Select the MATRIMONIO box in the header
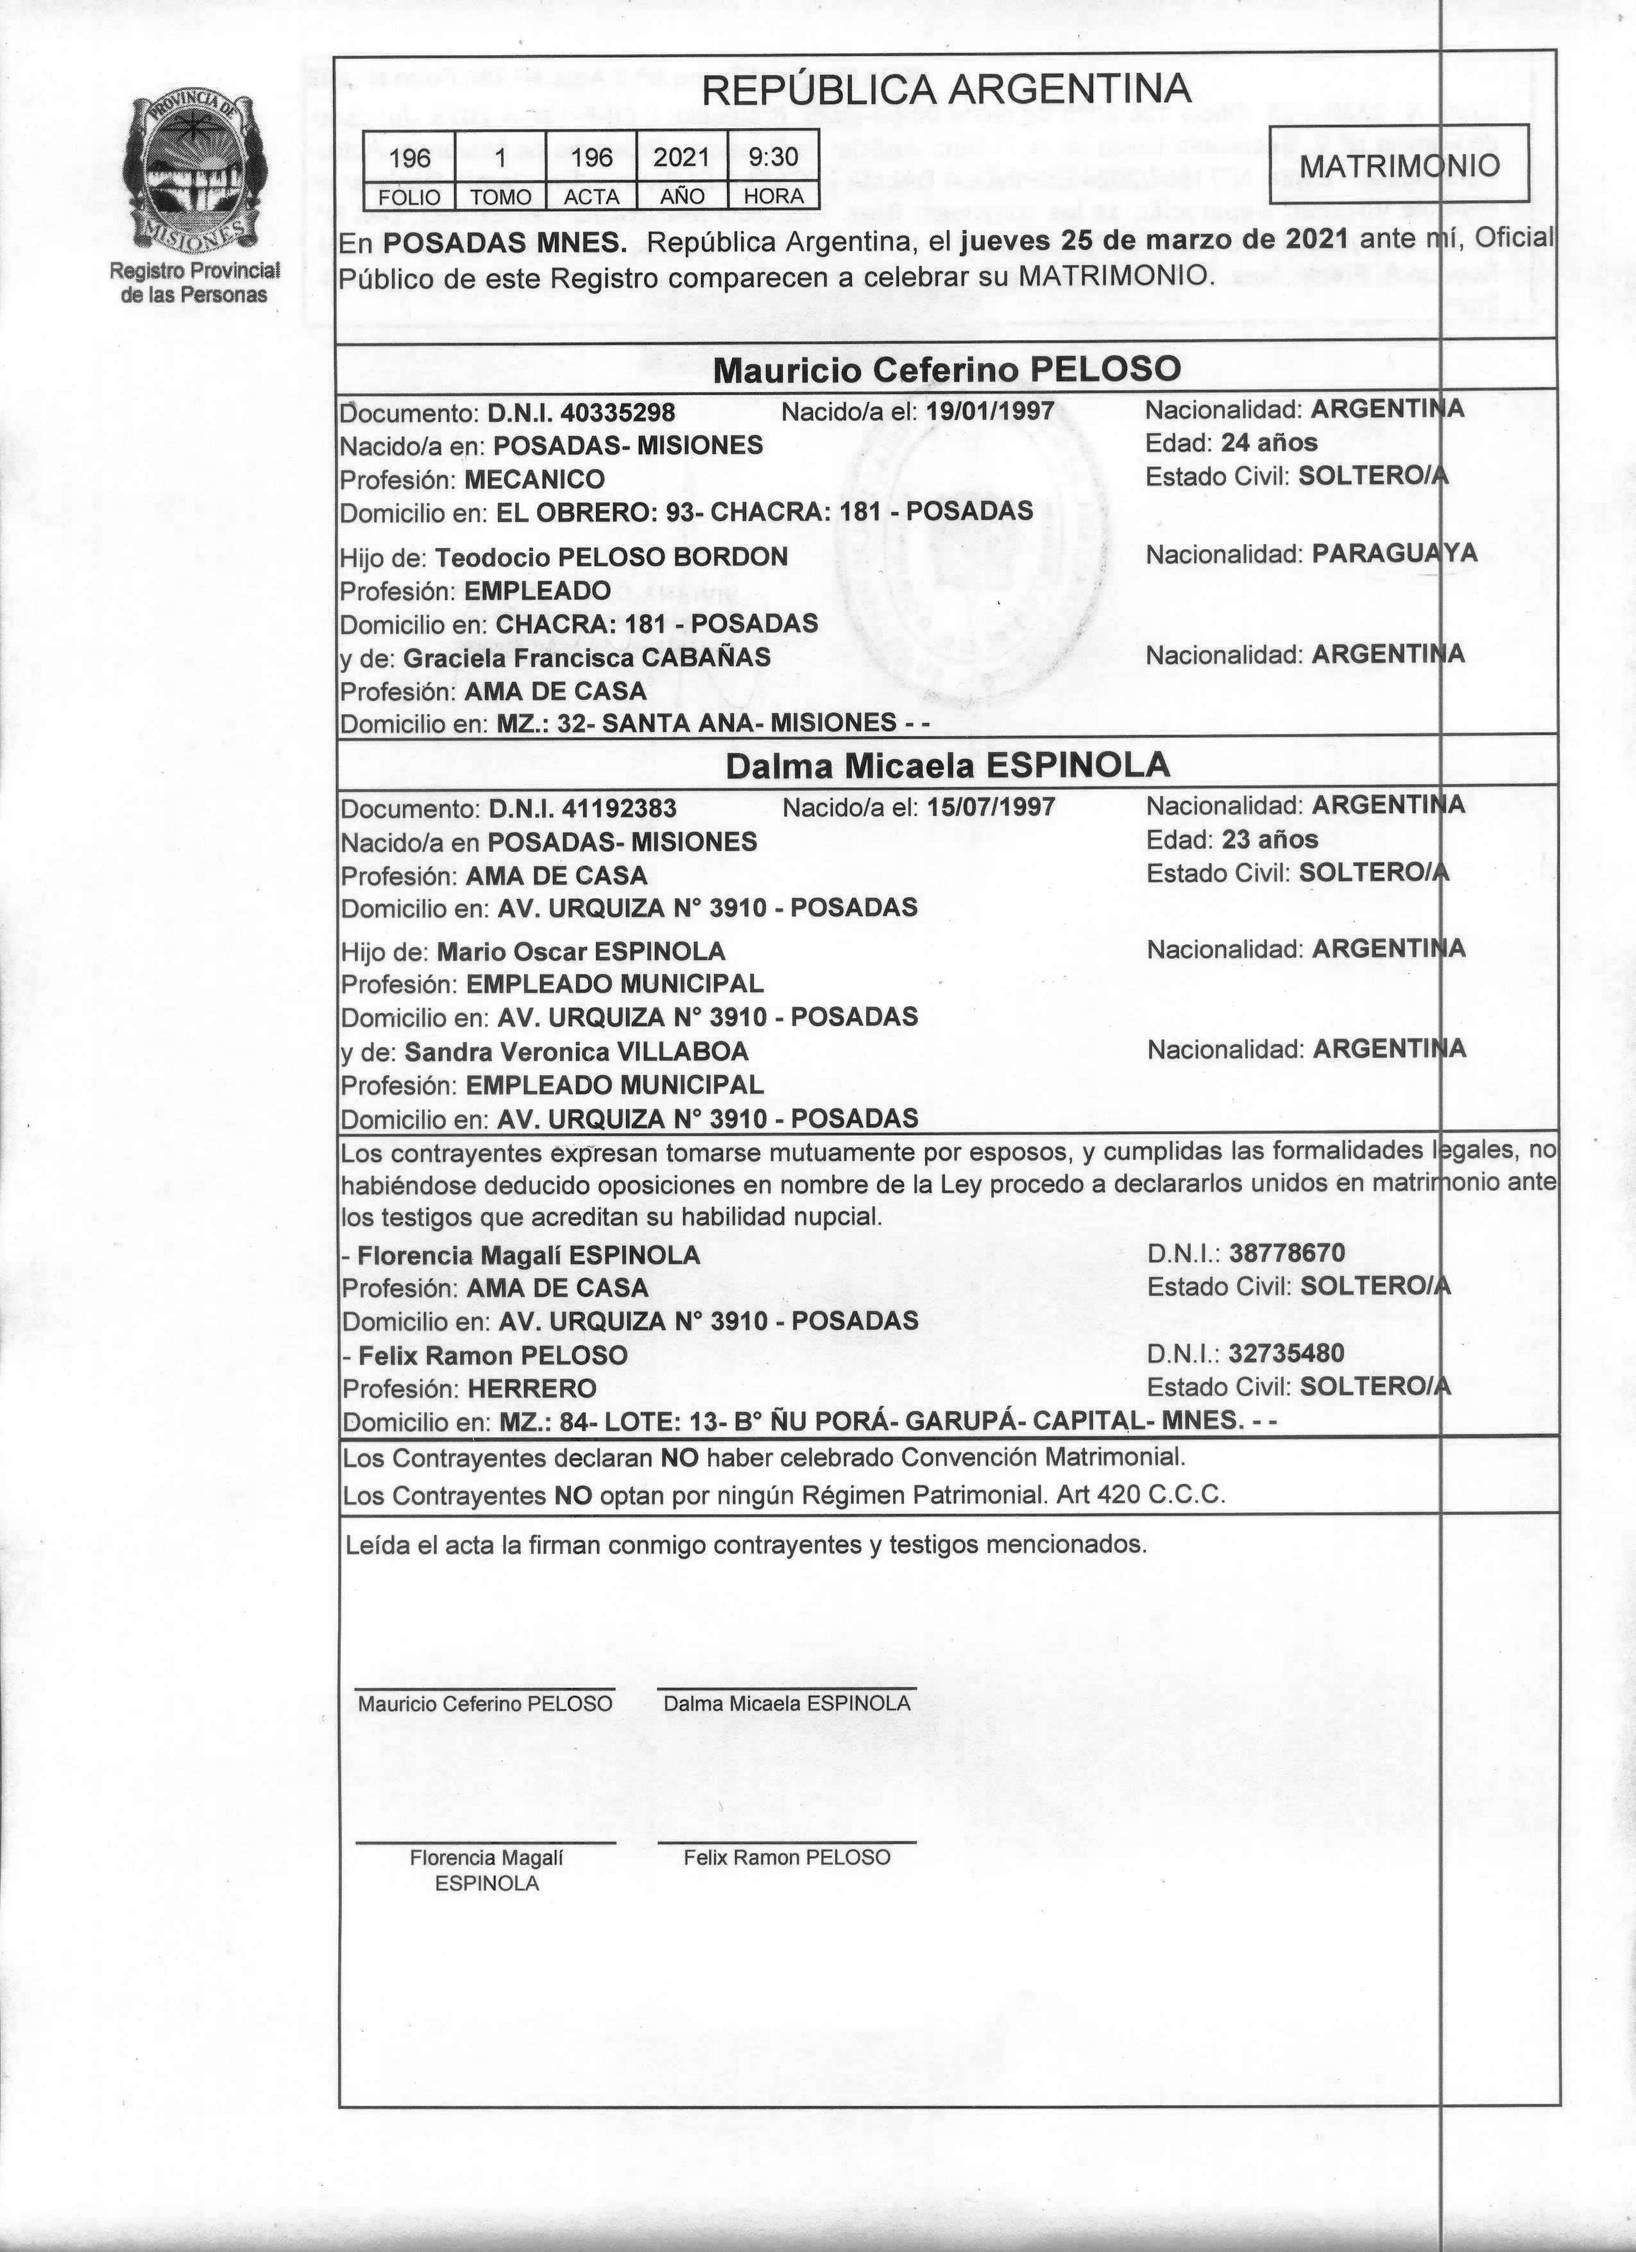1399,165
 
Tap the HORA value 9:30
773,157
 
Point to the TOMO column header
500,196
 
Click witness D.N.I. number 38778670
1286,1253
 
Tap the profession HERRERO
532,1388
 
